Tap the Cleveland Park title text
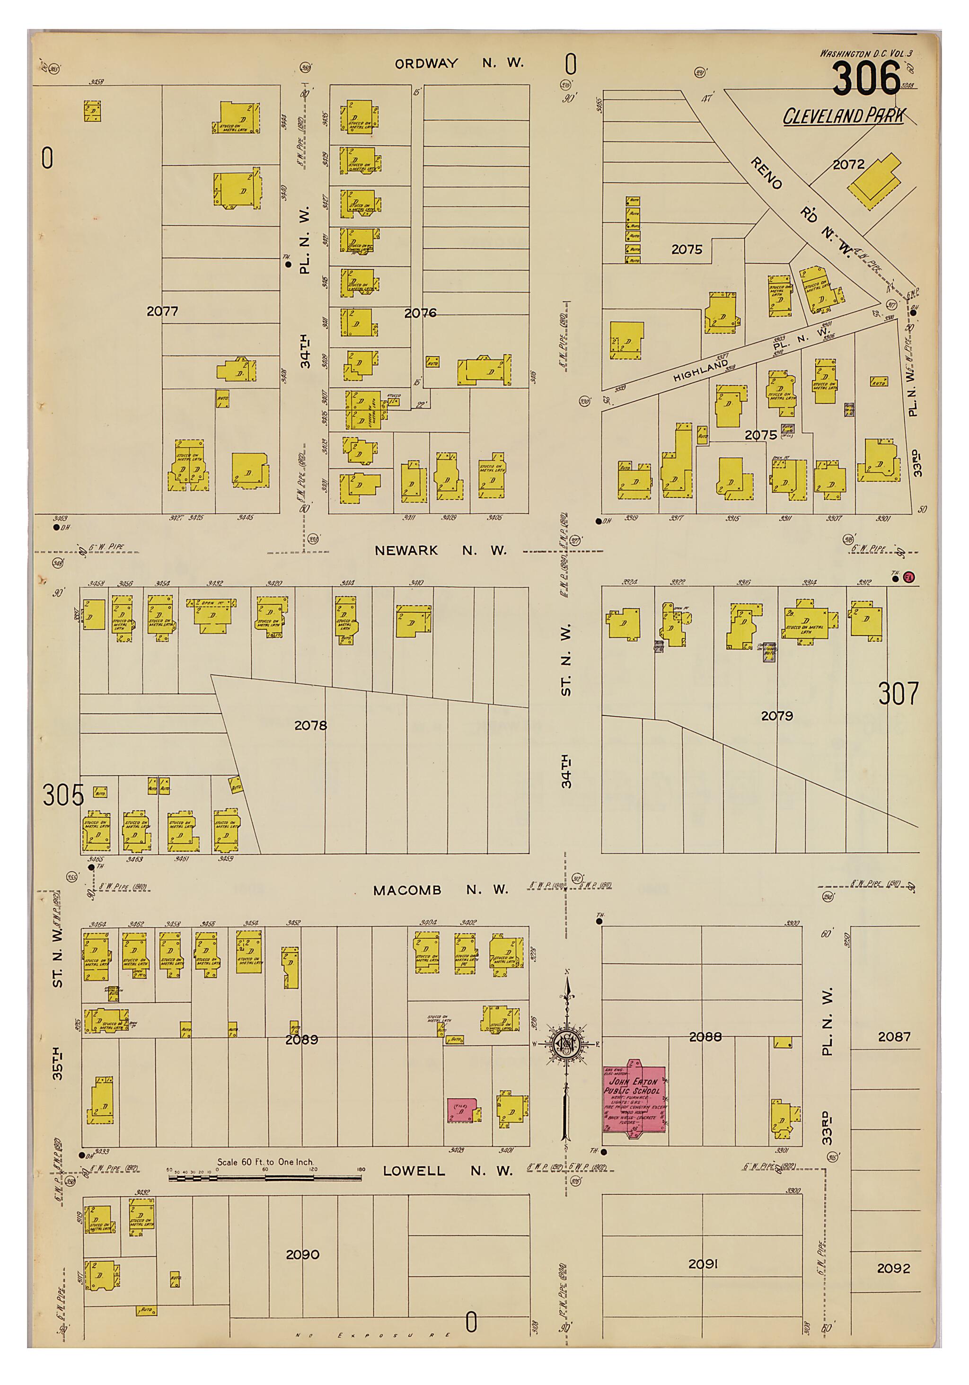pyautogui.click(x=844, y=116)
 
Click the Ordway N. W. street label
pyautogui.click(x=459, y=63)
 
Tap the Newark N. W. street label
pyautogui.click(x=440, y=550)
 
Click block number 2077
pyautogui.click(x=162, y=311)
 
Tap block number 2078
pyautogui.click(x=311, y=725)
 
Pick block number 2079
pyautogui.click(x=776, y=715)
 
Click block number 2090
pyautogui.click(x=302, y=1254)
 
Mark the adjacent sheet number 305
pyautogui.click(x=63, y=795)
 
